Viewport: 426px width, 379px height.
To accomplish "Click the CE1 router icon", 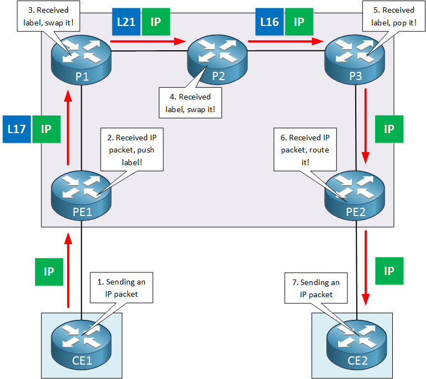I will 82,339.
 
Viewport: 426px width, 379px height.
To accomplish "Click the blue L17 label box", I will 16,130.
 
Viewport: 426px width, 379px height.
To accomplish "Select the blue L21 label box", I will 125,22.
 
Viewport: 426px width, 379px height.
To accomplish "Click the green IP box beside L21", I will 155,22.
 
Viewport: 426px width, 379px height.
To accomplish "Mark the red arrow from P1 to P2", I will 147,40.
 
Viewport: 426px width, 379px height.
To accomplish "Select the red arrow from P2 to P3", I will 285,40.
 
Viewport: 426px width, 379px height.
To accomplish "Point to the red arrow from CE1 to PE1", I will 68,269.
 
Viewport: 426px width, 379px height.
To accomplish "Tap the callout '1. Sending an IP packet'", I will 121,288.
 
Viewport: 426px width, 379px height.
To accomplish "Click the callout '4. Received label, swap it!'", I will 190,103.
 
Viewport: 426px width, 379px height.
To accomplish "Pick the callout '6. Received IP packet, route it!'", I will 305,149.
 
